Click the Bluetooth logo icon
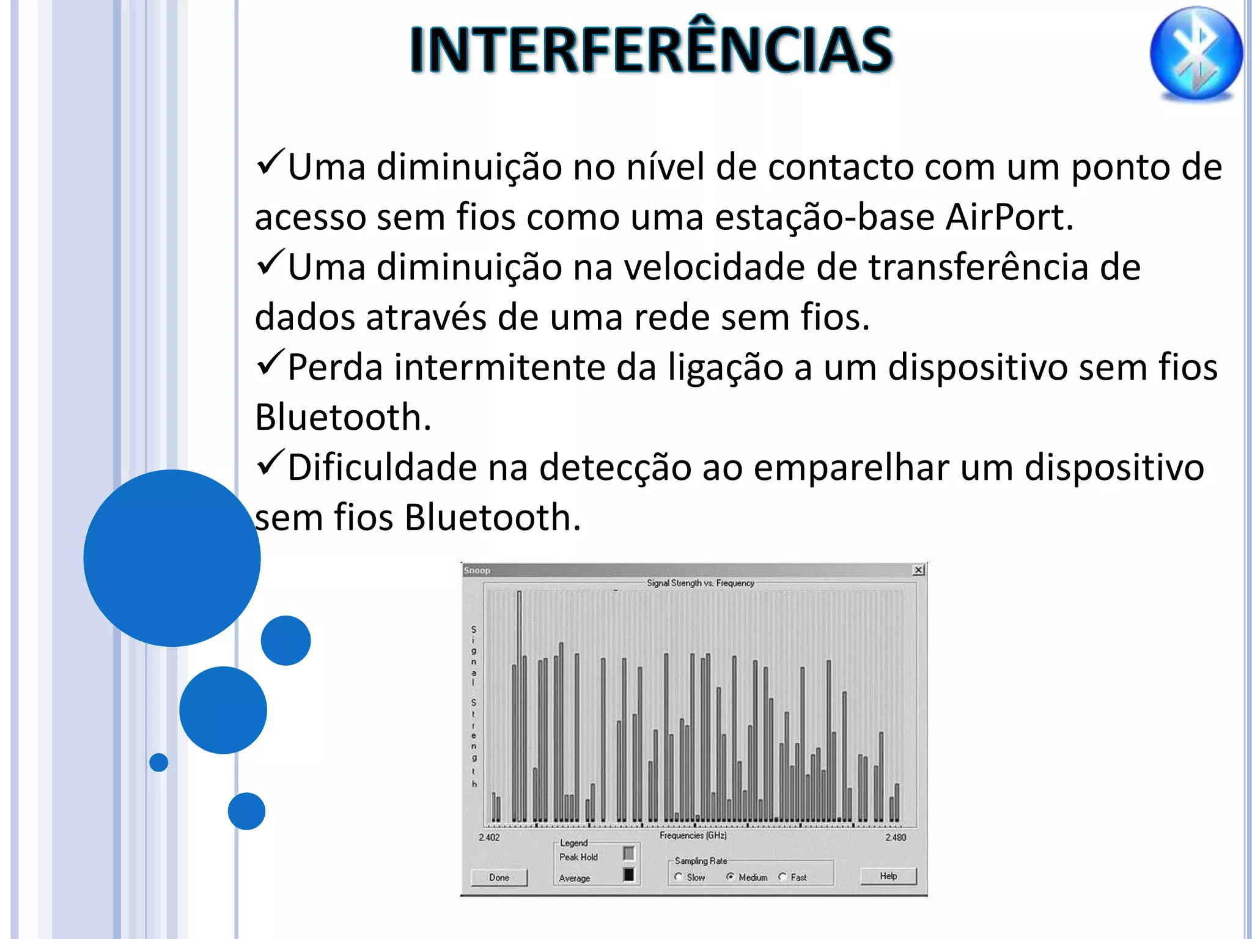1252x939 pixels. pos(1196,53)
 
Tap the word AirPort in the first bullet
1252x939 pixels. pos(1009,217)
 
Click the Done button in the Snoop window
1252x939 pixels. pos(499,877)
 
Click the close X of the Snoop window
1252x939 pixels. pos(918,570)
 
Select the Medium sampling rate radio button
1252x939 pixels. pos(730,877)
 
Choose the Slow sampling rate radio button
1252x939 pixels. pos(679,877)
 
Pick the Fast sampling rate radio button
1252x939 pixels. pos(782,877)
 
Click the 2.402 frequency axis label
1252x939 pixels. pos(489,837)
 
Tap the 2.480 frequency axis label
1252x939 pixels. pos(896,837)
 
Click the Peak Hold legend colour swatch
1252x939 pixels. pos(628,853)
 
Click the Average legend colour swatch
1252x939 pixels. pos(628,874)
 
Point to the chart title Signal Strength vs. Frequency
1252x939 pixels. pos(701,583)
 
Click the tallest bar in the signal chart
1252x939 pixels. pos(520,703)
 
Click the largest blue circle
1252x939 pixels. pos(172,558)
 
